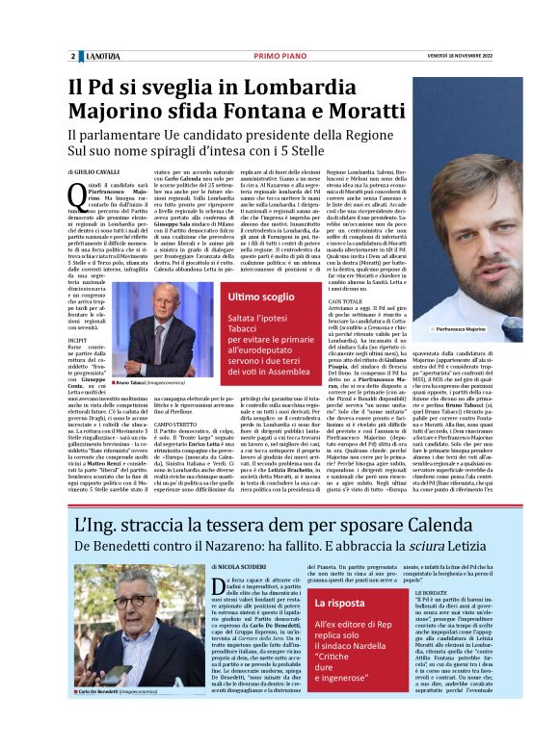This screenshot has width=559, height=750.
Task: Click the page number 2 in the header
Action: click(72, 56)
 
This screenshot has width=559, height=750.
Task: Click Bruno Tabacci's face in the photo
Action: click(149, 323)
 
